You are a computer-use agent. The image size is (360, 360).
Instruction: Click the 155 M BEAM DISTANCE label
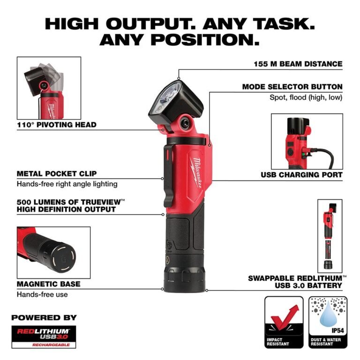[x=298, y=64]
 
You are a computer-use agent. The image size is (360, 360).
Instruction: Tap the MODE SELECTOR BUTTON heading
[x=292, y=87]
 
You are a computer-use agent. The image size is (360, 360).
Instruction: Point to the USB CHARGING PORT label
[x=301, y=175]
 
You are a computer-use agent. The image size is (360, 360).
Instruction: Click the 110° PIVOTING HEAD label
[x=56, y=125]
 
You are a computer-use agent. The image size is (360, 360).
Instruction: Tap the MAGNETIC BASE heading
[x=48, y=284]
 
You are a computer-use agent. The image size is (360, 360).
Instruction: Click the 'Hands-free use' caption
[x=42, y=294]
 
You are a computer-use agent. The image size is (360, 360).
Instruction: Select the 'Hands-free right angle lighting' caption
[x=67, y=184]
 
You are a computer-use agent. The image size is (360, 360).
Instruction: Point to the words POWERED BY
[x=44, y=317]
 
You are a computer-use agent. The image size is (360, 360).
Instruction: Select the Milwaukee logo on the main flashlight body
[x=196, y=173]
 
